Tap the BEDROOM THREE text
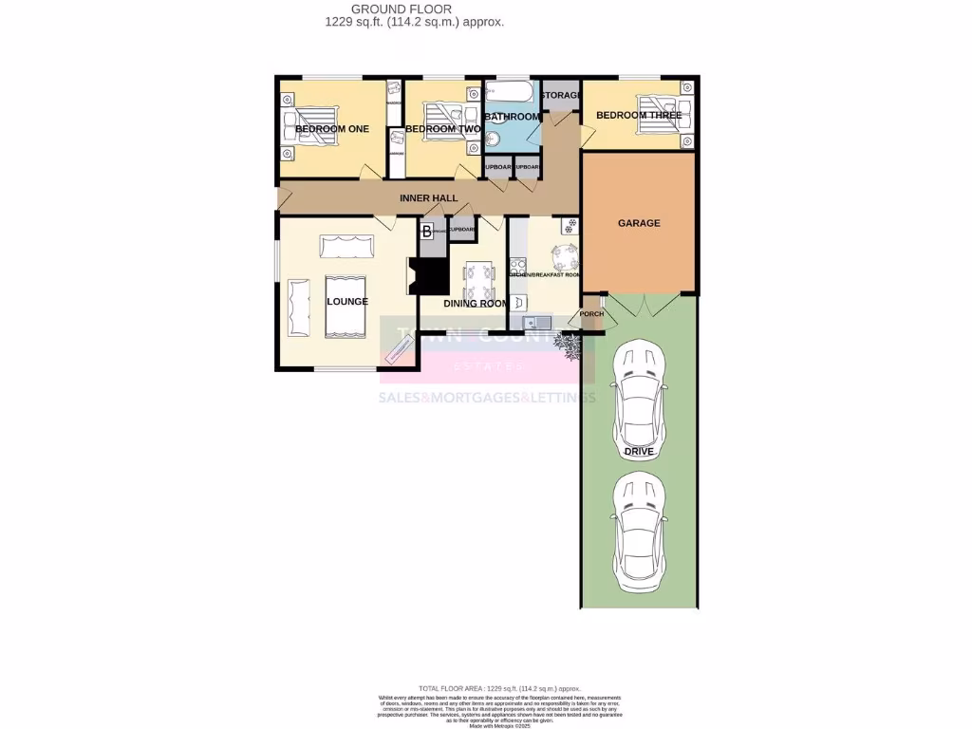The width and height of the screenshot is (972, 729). click(x=638, y=116)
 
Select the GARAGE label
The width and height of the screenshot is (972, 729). click(x=639, y=223)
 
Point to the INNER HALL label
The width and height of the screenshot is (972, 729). click(x=428, y=198)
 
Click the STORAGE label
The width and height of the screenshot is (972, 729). click(x=560, y=96)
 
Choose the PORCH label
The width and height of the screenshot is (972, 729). click(x=591, y=314)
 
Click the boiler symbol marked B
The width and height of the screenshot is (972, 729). click(x=427, y=231)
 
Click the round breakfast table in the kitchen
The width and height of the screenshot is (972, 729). click(x=564, y=255)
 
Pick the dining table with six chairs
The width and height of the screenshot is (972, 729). click(x=478, y=279)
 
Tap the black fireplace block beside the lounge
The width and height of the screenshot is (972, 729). click(x=429, y=276)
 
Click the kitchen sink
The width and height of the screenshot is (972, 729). click(x=527, y=323)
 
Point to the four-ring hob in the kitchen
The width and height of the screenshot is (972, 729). click(x=518, y=266)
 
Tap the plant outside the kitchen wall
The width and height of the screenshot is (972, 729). click(x=570, y=349)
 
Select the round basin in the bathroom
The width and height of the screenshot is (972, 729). click(x=491, y=139)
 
